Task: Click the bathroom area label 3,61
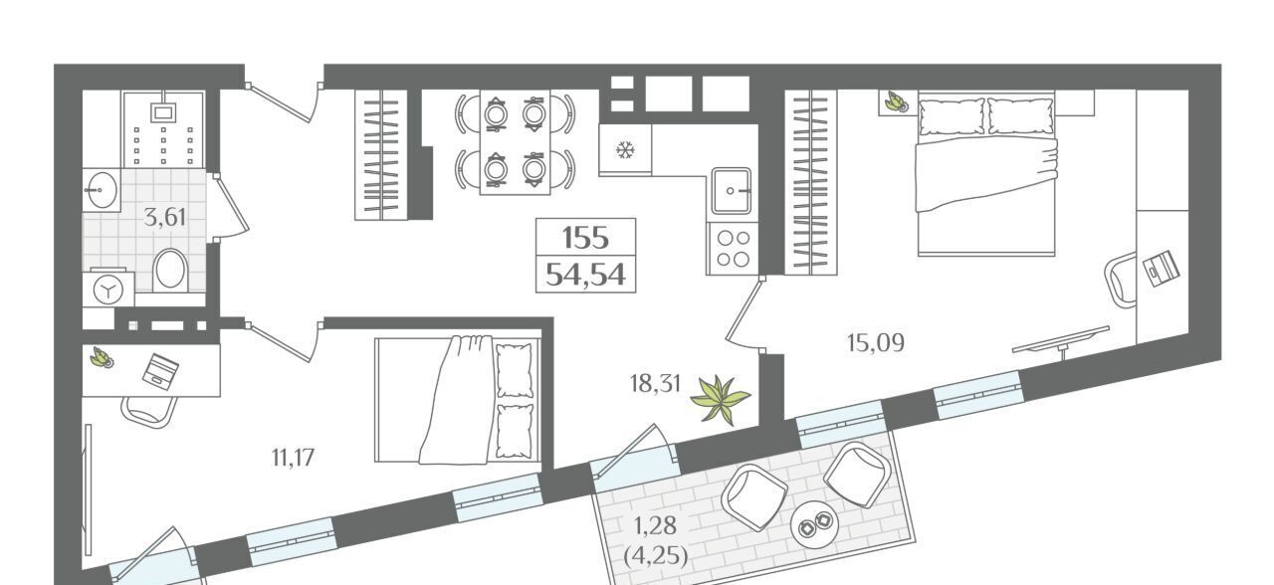click(x=165, y=217)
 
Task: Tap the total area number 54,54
click(x=586, y=275)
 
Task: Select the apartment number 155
click(x=586, y=238)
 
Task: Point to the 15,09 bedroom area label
click(x=875, y=343)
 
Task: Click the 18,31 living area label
click(x=655, y=384)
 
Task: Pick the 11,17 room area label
click(x=293, y=457)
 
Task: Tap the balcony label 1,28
click(x=655, y=526)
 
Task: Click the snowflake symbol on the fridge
click(x=625, y=150)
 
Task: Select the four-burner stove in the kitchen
click(x=733, y=249)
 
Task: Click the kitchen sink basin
click(x=732, y=190)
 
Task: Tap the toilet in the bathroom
click(x=170, y=269)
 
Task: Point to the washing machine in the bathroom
click(x=108, y=290)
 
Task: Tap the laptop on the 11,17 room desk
click(x=161, y=371)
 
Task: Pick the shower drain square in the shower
click(x=164, y=112)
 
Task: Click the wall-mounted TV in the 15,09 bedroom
click(x=1061, y=340)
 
